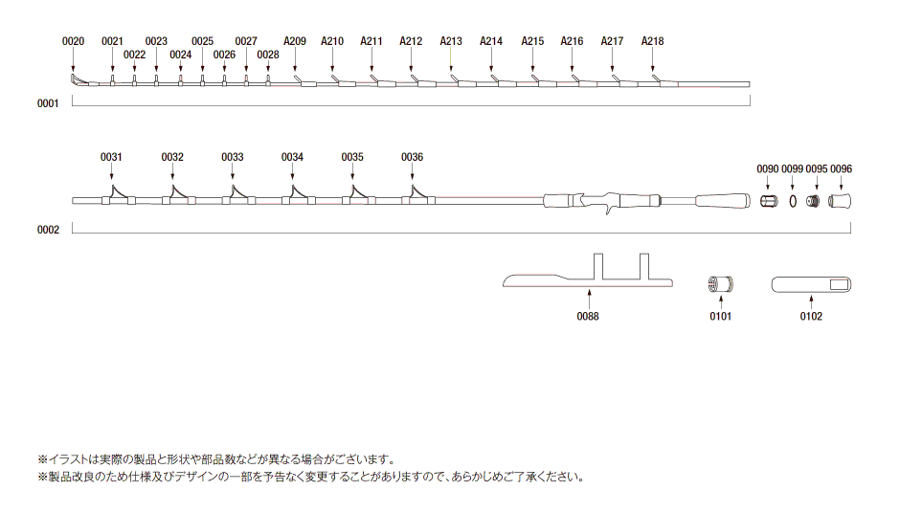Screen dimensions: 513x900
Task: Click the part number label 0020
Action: pyautogui.click(x=73, y=41)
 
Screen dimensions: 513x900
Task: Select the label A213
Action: pyautogui.click(x=451, y=41)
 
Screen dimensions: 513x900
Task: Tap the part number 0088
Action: pyautogui.click(x=588, y=317)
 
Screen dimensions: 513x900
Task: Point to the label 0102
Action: pyautogui.click(x=810, y=317)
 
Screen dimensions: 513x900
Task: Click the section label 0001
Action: pyautogui.click(x=48, y=103)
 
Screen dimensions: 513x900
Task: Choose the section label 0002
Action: pyautogui.click(x=48, y=230)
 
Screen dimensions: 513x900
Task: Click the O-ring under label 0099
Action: pyautogui.click(x=793, y=201)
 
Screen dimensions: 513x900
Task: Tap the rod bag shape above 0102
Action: pyautogui.click(x=811, y=284)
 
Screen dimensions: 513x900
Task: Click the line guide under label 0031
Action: pyautogui.click(x=113, y=195)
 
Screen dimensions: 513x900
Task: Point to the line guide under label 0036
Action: pyautogui.click(x=414, y=195)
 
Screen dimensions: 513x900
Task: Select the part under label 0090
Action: pyautogui.click(x=768, y=201)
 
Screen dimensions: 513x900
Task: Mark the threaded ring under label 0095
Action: pyautogui.click(x=815, y=201)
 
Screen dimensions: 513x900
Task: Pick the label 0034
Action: pyautogui.click(x=292, y=157)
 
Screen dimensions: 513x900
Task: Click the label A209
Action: pyautogui.click(x=295, y=41)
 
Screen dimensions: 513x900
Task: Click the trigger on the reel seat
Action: pyautogui.click(x=607, y=212)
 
